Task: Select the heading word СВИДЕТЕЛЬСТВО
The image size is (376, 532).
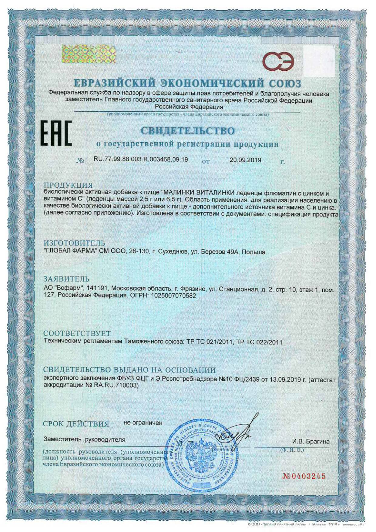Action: pyautogui.click(x=188, y=131)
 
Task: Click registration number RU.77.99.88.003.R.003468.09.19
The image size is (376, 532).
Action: pyautogui.click(x=141, y=160)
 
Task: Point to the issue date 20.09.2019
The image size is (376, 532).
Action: pyautogui.click(x=245, y=160)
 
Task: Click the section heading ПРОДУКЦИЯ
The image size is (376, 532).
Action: pyautogui.click(x=68, y=185)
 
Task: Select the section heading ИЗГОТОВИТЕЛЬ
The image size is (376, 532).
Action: pyautogui.click(x=74, y=243)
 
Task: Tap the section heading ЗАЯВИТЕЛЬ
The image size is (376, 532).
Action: pyautogui.click(x=66, y=279)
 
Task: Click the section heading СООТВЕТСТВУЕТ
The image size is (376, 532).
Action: pyautogui.click(x=77, y=334)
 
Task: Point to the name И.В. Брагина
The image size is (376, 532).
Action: pyautogui.click(x=311, y=441)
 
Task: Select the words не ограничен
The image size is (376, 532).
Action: pyautogui.click(x=143, y=423)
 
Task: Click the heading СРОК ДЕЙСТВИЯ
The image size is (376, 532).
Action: pyautogui.click(x=76, y=424)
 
